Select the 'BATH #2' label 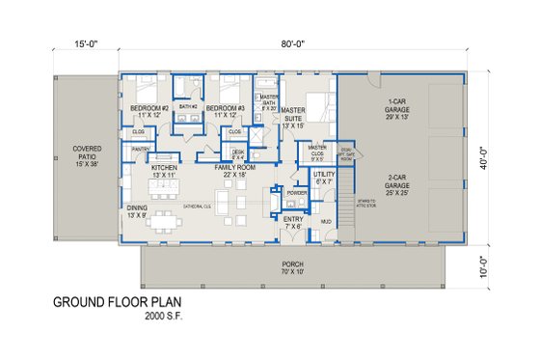(188, 106)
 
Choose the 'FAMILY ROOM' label (237, 170)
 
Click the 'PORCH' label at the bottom (293, 266)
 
